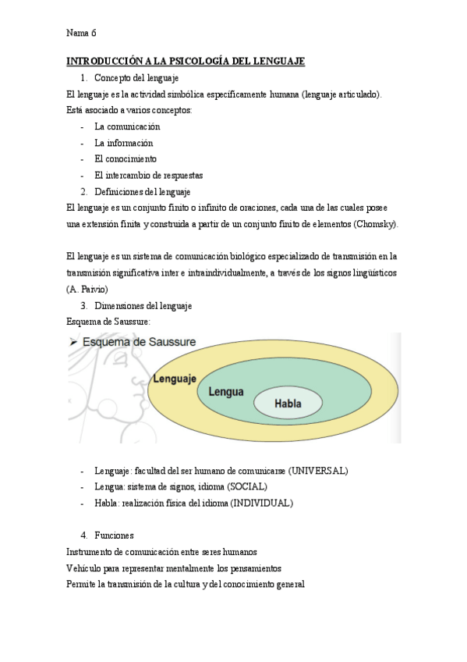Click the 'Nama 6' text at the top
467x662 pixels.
pos(82,33)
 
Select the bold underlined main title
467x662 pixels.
pos(186,61)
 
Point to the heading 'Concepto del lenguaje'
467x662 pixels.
pos(136,78)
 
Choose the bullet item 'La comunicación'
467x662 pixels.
pos(127,126)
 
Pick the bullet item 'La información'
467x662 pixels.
pos(123,143)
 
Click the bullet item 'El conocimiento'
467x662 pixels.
pos(126,159)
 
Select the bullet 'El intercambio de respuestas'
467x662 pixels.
pos(148,176)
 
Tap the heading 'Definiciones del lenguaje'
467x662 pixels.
pos(143,192)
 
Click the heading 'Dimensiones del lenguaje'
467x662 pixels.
pos(143,305)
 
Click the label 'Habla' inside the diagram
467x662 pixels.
pos(288,404)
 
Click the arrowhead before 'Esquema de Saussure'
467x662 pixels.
pos(73,342)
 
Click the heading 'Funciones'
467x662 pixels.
pos(114,536)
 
